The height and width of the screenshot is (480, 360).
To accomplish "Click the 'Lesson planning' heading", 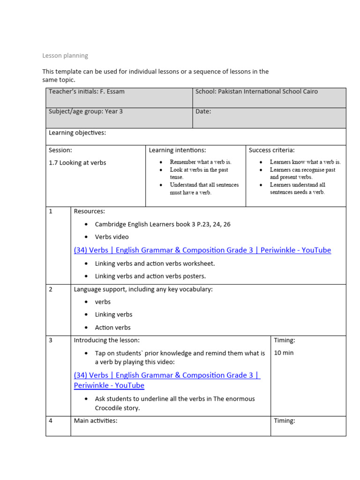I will pos(65,55).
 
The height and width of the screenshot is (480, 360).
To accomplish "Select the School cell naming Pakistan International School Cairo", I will pos(256,91).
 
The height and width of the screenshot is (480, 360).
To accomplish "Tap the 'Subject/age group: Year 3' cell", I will pos(86,112).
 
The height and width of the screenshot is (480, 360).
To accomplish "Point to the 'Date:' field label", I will pos(203,112).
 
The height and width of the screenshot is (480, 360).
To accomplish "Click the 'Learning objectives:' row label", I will pos(77,133).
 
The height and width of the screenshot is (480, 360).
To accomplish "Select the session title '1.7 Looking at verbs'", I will pos(77,163).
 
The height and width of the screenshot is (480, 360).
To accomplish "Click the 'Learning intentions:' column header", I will pos(177,150).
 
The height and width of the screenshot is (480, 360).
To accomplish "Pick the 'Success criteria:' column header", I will pos(271,150).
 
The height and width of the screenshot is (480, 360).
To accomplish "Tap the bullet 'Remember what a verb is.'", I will pos(200,162).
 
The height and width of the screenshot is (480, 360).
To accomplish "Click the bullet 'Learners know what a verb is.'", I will pos(305,162).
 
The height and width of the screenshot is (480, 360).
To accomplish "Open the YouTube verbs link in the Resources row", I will pos(202,250).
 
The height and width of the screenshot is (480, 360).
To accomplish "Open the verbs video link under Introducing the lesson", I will pos(167,375).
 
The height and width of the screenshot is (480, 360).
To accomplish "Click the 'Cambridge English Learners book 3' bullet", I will pos(163,224).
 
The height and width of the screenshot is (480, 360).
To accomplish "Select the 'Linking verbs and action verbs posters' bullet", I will pos(150,276).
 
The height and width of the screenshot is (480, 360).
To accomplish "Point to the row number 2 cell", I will pos(51,289).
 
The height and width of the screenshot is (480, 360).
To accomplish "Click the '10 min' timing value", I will pos(284,352).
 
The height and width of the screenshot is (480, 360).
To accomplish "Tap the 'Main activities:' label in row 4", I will pos(95,420).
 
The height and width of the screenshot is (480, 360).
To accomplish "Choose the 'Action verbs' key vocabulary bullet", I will pos(112,328).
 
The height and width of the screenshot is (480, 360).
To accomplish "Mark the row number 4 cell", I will pos(51,420).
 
